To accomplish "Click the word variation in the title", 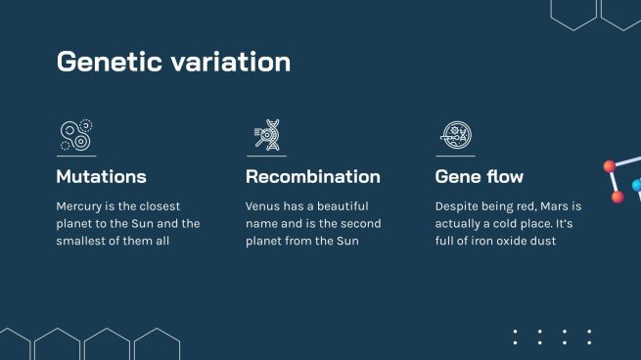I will point(233,62).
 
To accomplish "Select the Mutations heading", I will point(101,177).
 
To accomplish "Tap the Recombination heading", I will point(312,177).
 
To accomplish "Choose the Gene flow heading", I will point(479,177).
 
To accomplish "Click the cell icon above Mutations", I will point(75,135).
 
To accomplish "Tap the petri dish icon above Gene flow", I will point(454,135).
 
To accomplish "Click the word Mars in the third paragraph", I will point(555,206).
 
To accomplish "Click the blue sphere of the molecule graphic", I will point(636,185).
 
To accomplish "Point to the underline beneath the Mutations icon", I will point(75,156).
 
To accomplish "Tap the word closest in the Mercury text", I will point(152,206).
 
